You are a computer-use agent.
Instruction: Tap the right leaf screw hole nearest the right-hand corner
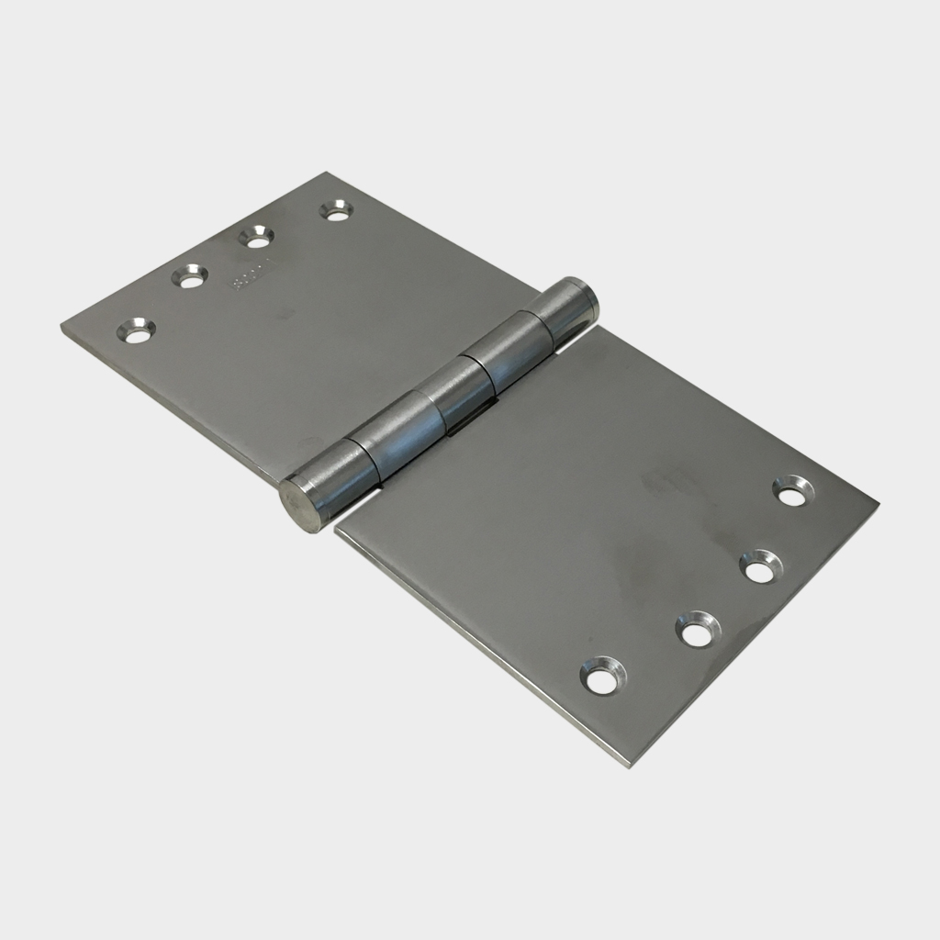[x=792, y=490]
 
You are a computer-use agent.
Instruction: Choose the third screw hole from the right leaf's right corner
[x=699, y=630]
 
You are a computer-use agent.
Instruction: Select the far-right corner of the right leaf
[x=877, y=503]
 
